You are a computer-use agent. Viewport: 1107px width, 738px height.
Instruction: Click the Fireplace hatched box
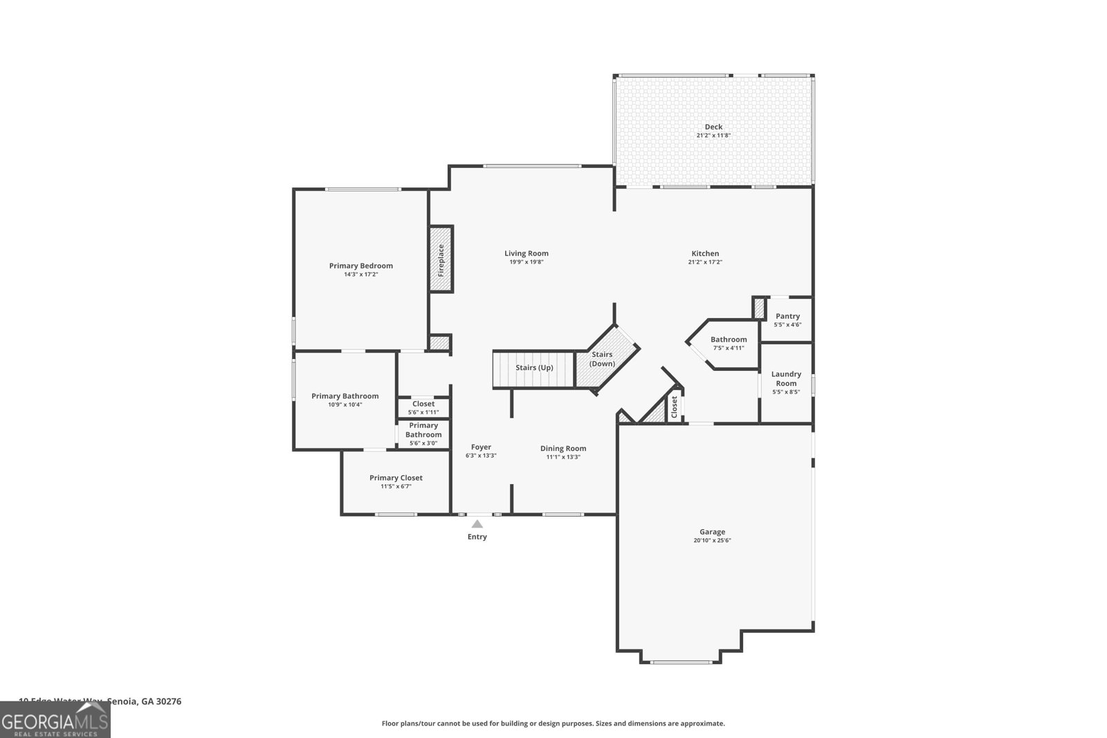pos(441,259)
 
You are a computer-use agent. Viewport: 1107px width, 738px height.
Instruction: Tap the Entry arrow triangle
pos(477,524)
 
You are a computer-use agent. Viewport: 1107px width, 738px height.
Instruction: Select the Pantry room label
pos(787,316)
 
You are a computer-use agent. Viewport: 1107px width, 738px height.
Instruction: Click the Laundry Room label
pos(786,378)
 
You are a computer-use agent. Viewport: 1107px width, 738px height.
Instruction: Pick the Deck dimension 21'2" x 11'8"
pos(713,136)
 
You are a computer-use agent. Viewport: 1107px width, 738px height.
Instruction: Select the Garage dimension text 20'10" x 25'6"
pos(712,541)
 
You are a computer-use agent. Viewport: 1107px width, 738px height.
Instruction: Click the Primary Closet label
pos(396,478)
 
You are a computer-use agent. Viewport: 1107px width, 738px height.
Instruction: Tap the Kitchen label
pos(705,253)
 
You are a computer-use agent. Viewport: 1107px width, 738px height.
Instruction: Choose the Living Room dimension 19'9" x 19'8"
pos(526,262)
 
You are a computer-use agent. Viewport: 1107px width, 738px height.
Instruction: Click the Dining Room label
pos(563,448)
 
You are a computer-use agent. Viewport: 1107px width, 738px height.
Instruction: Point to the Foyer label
pos(481,447)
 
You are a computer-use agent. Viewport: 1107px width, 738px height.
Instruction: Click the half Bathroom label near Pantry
pos(729,339)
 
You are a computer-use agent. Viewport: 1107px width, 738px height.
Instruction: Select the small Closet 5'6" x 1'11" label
pos(423,404)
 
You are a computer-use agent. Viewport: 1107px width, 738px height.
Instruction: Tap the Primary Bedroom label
pos(360,266)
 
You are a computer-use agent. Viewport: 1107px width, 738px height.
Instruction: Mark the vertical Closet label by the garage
pos(675,407)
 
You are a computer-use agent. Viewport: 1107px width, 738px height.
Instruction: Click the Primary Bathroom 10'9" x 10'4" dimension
pos(345,405)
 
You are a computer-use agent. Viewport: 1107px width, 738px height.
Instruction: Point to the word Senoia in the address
pos(122,701)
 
